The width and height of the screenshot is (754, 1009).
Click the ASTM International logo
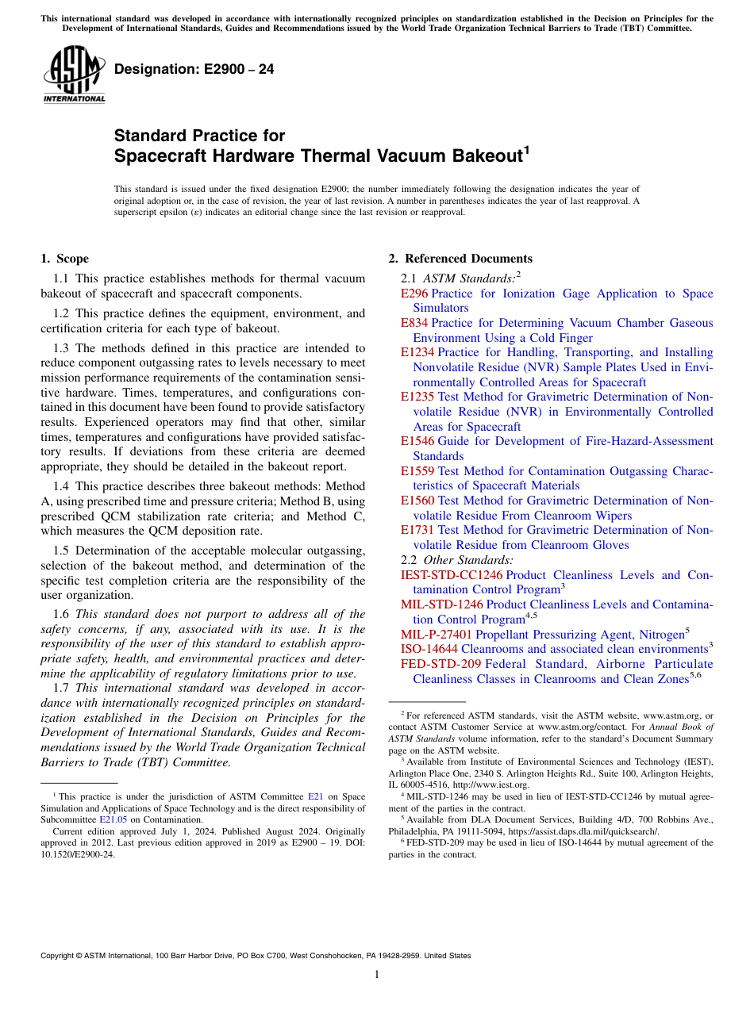(x=74, y=75)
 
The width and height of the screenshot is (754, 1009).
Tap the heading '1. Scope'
(x=64, y=259)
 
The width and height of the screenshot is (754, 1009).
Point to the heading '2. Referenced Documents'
(x=460, y=259)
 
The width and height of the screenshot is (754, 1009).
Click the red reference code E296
(x=414, y=293)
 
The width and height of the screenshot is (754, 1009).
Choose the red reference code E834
(x=414, y=323)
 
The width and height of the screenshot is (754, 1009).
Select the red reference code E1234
(x=417, y=352)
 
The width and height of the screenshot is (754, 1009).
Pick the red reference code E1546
(x=417, y=441)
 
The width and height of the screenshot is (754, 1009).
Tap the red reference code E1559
(x=417, y=470)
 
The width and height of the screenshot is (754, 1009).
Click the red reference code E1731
(x=417, y=530)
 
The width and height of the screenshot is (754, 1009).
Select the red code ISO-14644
(x=429, y=649)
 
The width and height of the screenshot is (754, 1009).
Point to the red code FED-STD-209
(x=441, y=664)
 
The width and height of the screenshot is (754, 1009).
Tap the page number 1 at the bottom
(x=377, y=975)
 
